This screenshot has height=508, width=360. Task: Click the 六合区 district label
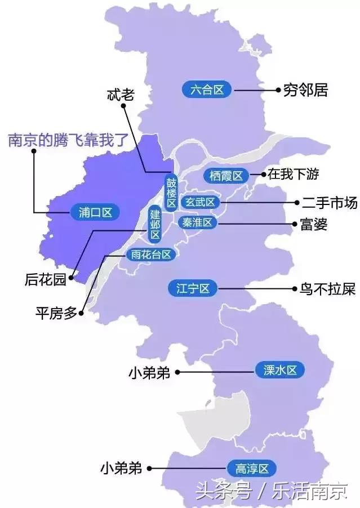tap(207, 90)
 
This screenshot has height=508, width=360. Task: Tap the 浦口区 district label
tap(96, 212)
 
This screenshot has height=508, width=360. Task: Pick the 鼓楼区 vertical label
tap(171, 193)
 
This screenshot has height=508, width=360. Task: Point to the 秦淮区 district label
tap(198, 222)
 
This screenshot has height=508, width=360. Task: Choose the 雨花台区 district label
tap(150, 255)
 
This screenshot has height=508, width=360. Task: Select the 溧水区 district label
tap(280, 371)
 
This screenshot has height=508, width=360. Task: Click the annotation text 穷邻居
tap(305, 90)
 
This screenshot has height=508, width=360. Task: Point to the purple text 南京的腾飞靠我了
tap(68, 140)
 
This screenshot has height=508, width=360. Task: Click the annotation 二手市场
tap(329, 203)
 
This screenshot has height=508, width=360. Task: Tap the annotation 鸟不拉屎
tap(327, 289)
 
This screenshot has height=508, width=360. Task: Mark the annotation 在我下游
tap(293, 175)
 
